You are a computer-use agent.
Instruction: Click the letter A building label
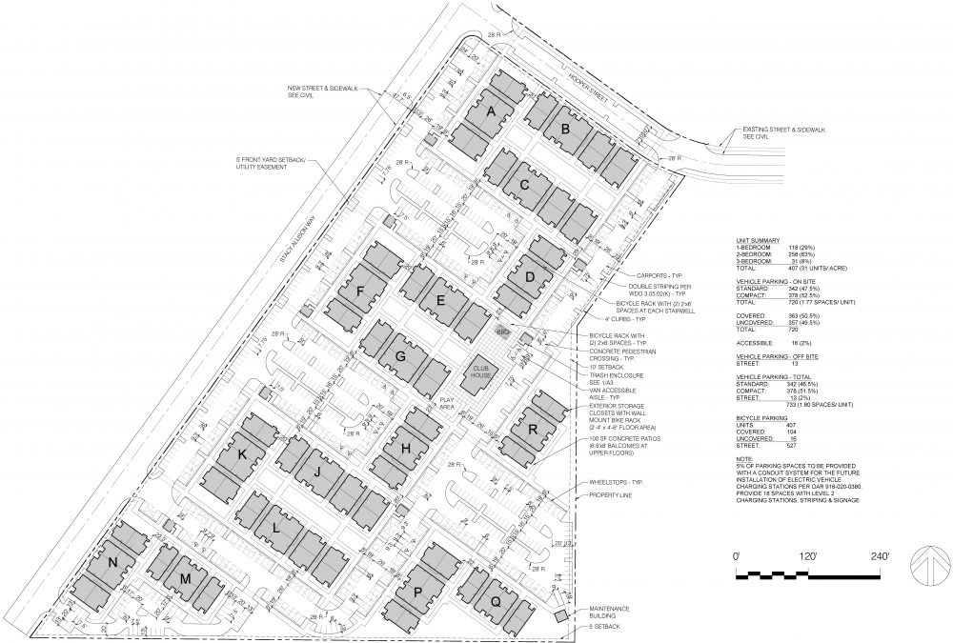492,112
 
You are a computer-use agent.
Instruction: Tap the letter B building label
565,129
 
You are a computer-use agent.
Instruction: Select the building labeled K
242,456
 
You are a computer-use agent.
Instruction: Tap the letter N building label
112,563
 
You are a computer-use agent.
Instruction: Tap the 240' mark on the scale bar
880,554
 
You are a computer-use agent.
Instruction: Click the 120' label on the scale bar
810,554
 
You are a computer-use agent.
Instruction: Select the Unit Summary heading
759,240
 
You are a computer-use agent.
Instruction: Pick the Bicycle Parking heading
761,418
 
